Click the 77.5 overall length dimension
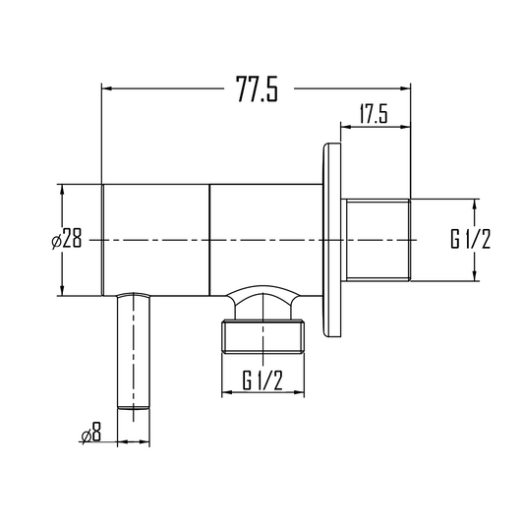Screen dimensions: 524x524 click(x=256, y=90)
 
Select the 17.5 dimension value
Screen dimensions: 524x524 click(x=373, y=115)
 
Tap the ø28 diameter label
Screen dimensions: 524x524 click(x=71, y=239)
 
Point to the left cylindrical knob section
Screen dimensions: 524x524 click(x=156, y=239)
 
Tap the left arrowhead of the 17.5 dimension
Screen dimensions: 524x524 click(x=346, y=126)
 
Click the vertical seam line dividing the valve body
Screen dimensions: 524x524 click(x=210, y=239)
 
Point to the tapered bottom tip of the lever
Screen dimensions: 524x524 click(x=134, y=403)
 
